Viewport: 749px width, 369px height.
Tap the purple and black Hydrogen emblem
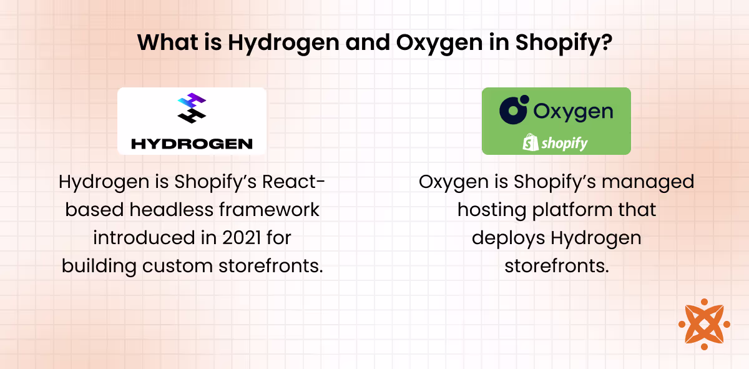(192, 107)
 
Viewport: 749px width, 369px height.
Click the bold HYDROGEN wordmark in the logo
(192, 144)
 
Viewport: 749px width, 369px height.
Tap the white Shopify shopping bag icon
(530, 143)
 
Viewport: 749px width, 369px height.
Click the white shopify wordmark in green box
(564, 143)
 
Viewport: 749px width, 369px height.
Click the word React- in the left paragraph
(293, 182)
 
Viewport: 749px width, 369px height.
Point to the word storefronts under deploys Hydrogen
(556, 265)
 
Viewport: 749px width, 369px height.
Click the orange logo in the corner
(703, 324)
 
